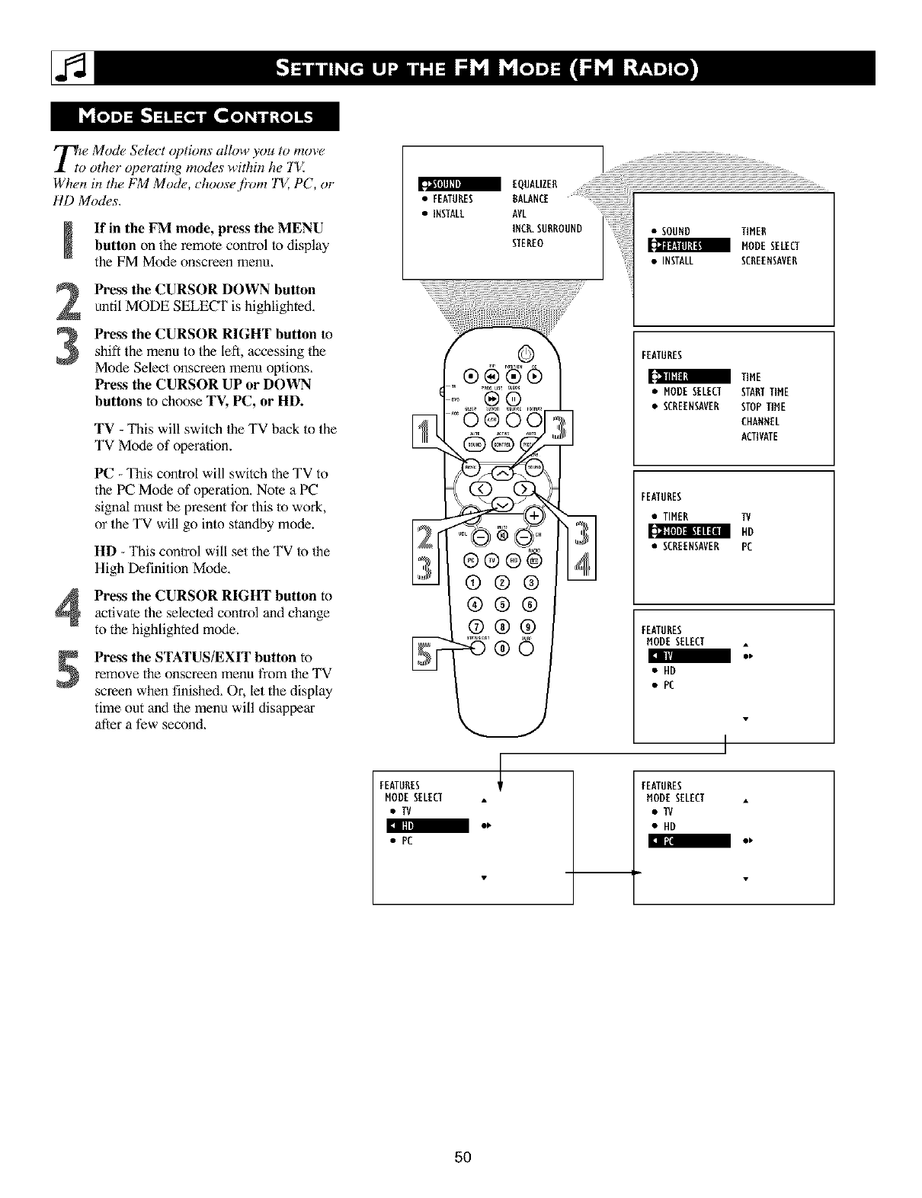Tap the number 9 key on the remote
[x=530, y=626]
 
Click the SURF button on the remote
[x=529, y=649]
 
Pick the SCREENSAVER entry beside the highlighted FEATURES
[x=769, y=261]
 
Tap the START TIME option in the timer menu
[x=764, y=392]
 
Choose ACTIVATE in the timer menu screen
[x=759, y=437]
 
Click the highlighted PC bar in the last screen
[x=688, y=841]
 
